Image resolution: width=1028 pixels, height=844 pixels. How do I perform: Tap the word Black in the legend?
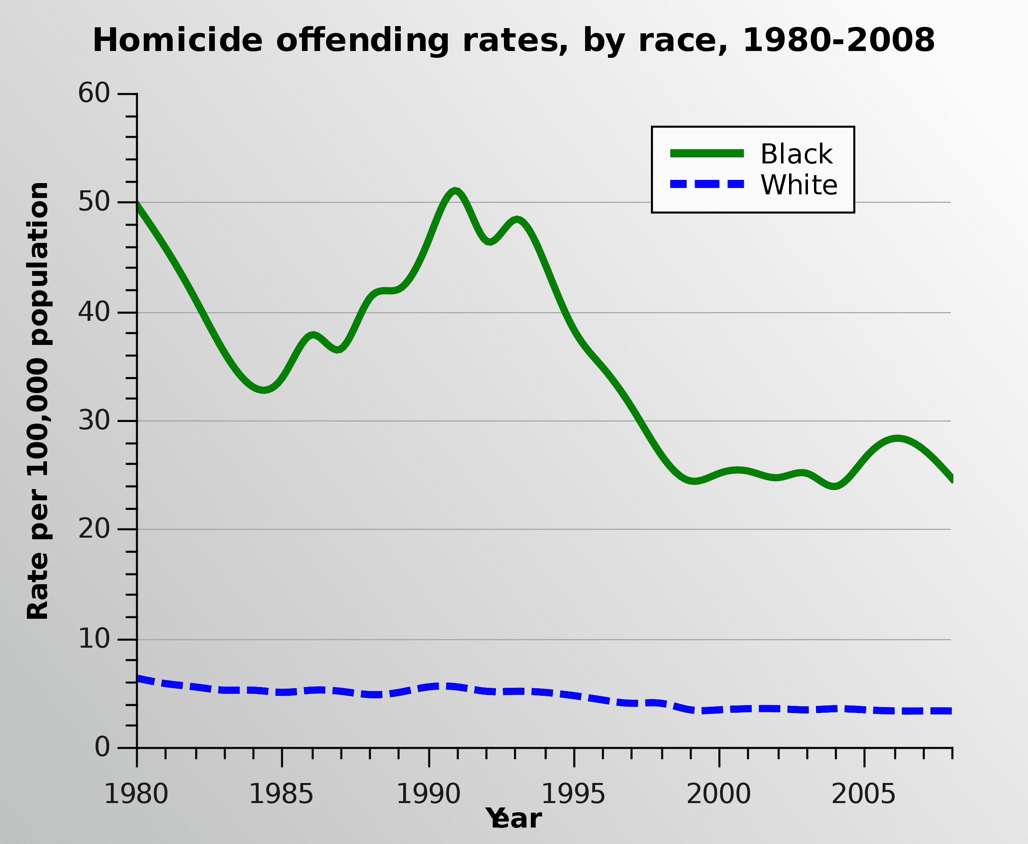(x=797, y=154)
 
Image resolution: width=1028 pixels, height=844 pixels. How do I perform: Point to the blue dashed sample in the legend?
(x=707, y=184)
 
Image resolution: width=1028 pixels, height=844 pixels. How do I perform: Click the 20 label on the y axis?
(x=94, y=528)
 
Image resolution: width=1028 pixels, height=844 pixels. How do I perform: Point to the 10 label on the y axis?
(x=94, y=638)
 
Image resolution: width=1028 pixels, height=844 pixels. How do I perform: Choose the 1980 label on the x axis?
(x=136, y=794)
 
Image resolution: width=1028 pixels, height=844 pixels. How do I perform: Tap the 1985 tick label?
(x=281, y=794)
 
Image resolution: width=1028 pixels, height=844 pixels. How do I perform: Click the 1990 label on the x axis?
(x=428, y=794)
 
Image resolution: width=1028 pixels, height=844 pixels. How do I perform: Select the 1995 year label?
(x=573, y=794)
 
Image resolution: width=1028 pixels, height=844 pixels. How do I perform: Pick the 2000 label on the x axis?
(x=719, y=794)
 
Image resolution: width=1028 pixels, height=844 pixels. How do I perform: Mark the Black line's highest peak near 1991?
(x=455, y=191)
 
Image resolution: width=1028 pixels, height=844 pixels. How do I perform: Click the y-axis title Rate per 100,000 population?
(x=38, y=401)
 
